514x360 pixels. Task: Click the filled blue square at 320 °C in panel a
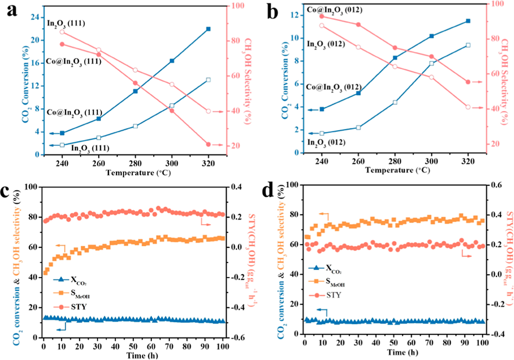(208, 28)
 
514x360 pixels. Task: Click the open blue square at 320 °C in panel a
(208, 80)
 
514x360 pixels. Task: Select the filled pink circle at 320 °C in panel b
(468, 82)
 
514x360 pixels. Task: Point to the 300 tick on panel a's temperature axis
(172, 164)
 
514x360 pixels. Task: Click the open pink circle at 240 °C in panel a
(62, 31)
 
